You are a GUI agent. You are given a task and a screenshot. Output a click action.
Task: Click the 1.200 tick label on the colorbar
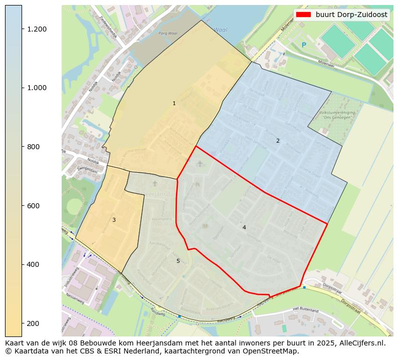click(x=37, y=29)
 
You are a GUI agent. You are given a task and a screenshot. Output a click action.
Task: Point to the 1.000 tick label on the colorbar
click(x=37, y=88)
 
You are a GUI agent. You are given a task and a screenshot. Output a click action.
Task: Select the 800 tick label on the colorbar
click(x=33, y=147)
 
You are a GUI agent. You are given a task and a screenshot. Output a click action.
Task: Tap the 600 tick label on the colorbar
click(x=33, y=206)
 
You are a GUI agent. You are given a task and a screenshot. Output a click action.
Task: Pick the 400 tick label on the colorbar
click(x=33, y=264)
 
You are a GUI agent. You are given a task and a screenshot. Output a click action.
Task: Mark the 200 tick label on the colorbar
click(x=33, y=323)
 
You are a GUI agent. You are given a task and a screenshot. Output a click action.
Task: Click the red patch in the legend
click(x=303, y=15)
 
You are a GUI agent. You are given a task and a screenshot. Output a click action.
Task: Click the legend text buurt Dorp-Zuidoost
click(x=351, y=15)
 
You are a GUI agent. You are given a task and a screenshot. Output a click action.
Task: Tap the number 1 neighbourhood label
click(x=174, y=104)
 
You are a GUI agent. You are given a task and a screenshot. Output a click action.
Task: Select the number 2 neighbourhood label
click(x=278, y=141)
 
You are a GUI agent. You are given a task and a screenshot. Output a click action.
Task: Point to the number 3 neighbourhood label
click(x=114, y=220)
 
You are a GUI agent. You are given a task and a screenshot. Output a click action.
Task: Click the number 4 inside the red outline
click(x=244, y=228)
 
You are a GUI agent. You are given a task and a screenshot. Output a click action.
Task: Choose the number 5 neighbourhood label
click(x=177, y=261)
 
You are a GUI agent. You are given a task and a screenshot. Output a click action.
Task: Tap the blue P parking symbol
click(x=304, y=46)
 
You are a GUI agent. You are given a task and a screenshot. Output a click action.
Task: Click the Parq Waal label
click(x=168, y=34)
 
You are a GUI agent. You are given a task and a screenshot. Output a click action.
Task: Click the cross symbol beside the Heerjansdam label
click(x=154, y=184)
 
